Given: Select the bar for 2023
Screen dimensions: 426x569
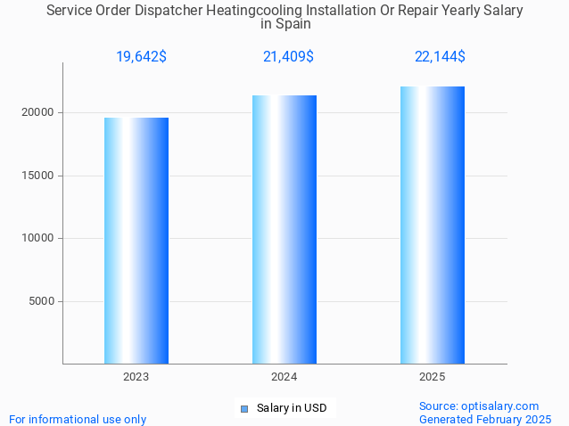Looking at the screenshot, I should pos(136,241).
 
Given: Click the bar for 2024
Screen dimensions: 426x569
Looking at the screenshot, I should pos(284,229).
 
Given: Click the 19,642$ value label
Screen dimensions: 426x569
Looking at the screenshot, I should pos(141,57).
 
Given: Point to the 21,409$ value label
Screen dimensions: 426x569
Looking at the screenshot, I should pos(288,57).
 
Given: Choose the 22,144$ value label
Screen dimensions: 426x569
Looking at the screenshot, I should pos(440,57).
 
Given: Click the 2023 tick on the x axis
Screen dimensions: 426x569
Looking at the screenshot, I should pos(136,377).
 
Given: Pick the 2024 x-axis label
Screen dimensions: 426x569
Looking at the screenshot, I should pos(284,377).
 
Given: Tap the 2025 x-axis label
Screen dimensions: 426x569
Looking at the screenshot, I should pos(433,377).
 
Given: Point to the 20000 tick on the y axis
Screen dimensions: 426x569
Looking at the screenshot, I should pos(38,112).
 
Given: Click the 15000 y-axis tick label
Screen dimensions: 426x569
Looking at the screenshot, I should pos(38,176).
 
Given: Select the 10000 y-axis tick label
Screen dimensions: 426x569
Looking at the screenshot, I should pos(38,238).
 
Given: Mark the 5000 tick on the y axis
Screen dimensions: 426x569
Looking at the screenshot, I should pos(41,301).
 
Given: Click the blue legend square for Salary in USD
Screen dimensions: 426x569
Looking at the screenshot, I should pos(244,409).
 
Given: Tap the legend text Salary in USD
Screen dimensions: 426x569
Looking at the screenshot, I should pos(291,408).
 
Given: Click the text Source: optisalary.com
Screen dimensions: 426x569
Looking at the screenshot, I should pos(479,406).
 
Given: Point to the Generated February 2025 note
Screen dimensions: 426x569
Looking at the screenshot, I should pos(485,419).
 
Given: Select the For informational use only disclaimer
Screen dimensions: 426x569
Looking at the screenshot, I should pos(78,419).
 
